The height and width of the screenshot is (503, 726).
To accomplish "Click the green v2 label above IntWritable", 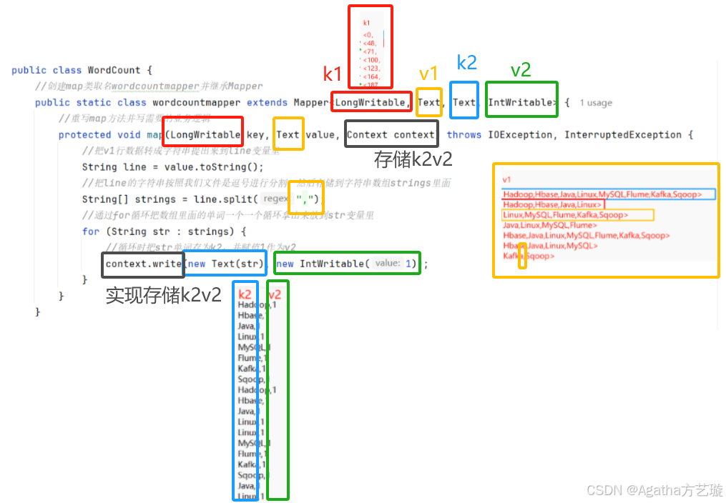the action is click(x=521, y=69).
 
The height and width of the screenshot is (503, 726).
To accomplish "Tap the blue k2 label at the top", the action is click(x=466, y=63).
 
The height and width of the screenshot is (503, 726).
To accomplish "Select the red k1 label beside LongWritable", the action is click(x=333, y=74).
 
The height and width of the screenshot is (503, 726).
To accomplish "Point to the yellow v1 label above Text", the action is click(x=428, y=74).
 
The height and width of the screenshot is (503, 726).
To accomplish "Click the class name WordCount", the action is click(x=114, y=70).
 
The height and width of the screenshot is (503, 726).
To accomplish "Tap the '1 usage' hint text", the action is click(x=596, y=103).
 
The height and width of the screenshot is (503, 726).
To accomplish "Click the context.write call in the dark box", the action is click(x=143, y=264).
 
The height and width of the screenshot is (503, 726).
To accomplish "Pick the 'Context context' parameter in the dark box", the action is click(x=391, y=134).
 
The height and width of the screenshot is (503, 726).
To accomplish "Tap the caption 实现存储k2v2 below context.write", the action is click(x=164, y=295).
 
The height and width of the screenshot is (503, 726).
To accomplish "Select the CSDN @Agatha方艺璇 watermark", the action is click(x=654, y=490).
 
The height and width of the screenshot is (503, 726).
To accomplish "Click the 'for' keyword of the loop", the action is click(x=91, y=231).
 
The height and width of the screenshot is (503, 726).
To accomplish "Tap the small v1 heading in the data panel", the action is click(x=507, y=180).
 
